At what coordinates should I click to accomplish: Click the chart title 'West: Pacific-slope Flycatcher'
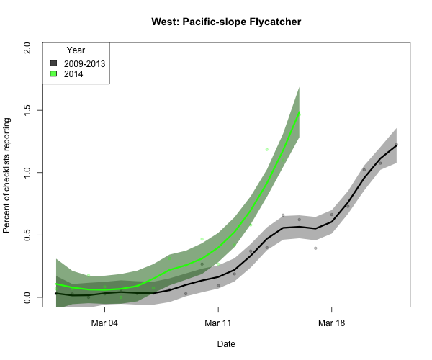(226, 22)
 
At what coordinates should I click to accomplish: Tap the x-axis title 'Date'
(226, 344)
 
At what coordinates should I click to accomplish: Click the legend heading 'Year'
(76, 50)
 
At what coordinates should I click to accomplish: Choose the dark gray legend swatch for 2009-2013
(53, 63)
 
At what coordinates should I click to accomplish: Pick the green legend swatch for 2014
(53, 73)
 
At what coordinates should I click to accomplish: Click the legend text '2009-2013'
(84, 63)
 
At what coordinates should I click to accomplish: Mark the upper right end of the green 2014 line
(300, 112)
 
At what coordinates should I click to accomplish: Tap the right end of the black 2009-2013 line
(397, 145)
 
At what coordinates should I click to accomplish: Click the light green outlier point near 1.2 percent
(266, 150)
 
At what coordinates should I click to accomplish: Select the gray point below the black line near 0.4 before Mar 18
(315, 248)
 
